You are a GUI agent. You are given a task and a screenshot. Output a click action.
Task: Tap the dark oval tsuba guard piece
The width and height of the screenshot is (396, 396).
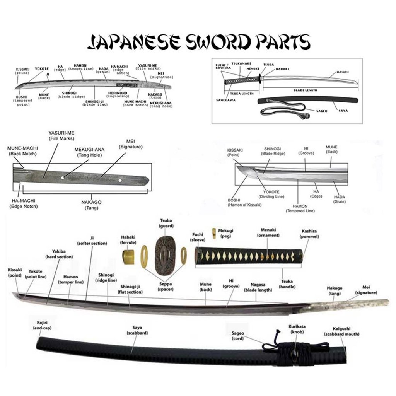164,256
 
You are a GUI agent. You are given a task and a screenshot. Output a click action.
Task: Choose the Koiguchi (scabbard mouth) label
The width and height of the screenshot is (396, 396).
341,331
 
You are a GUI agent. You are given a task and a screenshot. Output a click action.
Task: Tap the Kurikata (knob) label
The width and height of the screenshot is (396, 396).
297,329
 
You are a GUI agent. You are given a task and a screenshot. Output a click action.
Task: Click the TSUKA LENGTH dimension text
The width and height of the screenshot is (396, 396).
242,93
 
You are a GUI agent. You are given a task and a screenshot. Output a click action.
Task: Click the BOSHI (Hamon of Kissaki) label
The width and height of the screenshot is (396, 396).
244,202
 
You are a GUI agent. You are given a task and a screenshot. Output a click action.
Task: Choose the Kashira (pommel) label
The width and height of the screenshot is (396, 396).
310,234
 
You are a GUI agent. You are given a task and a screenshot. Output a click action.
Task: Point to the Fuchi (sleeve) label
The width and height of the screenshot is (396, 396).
197,237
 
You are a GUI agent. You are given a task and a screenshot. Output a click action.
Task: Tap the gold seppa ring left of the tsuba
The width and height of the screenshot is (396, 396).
146,256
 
